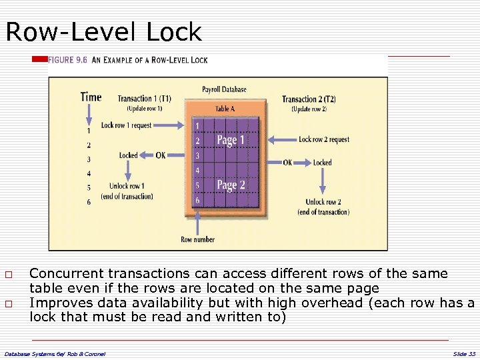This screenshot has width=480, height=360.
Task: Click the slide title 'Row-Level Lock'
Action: [x=103, y=31]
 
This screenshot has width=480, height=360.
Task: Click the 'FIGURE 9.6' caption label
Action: [x=68, y=60]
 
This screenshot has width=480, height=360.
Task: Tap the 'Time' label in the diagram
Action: [x=91, y=97]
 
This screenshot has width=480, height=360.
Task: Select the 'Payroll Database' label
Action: [x=224, y=89]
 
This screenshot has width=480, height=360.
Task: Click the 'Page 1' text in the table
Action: [x=231, y=140]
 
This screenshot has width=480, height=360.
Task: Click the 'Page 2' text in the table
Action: [x=231, y=185]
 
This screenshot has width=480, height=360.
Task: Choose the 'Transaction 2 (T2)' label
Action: [x=309, y=99]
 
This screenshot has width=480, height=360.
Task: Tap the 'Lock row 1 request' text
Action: [x=126, y=125]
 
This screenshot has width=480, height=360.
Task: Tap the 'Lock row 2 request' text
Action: [x=324, y=139]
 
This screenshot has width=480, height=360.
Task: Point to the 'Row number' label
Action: [x=197, y=239]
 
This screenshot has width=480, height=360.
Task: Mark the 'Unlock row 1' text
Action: [x=127, y=186]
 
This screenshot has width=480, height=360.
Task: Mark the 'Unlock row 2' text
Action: [x=323, y=202]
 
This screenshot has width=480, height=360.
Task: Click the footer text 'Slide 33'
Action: [x=464, y=353]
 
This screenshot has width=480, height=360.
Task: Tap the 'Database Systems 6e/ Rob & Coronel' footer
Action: [x=55, y=353]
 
